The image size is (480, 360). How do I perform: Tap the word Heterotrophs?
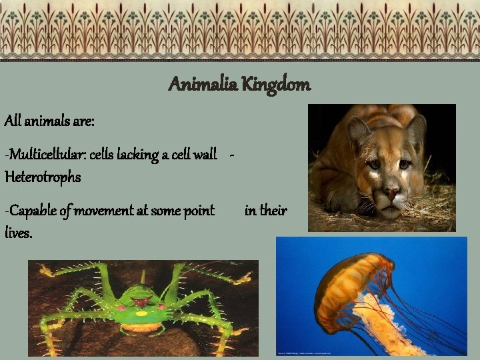click(x=43, y=177)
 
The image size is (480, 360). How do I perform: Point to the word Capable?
click(x=31, y=211)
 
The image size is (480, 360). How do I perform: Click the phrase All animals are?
click(x=49, y=121)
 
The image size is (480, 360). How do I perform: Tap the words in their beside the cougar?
click(x=265, y=211)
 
